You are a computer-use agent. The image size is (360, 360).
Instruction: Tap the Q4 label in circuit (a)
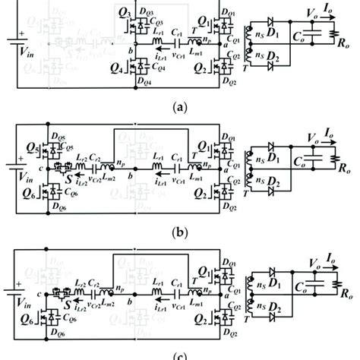(x=124, y=77)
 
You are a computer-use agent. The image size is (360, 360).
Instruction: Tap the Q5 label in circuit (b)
(x=30, y=147)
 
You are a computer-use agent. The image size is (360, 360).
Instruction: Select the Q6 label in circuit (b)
(x=30, y=199)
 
